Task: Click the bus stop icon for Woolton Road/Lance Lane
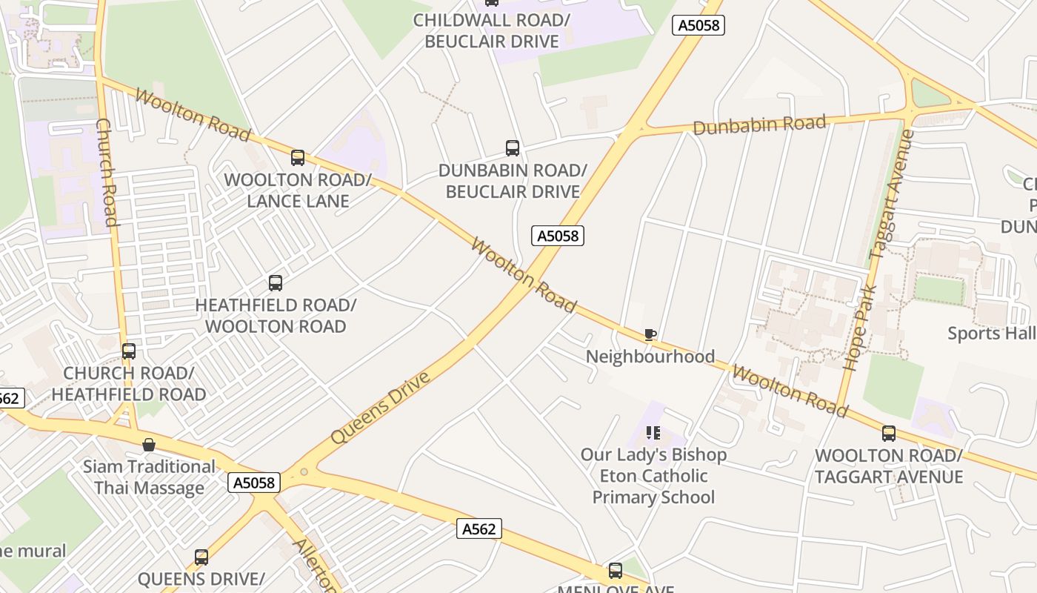pos(298,157)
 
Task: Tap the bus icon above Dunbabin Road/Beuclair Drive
pos(512,148)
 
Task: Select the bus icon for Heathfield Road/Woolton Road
pos(276,282)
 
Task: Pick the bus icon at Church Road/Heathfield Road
pos(129,351)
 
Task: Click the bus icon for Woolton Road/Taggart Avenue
pos(888,433)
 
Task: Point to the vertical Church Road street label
pos(108,172)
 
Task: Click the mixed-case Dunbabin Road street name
pos(759,125)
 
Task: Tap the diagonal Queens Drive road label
pos(380,408)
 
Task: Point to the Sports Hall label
pos(991,334)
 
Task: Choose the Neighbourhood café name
pos(650,357)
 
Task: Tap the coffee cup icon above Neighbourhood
pos(650,334)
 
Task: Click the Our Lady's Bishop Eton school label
pos(653,476)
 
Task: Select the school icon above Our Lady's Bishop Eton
pos(653,432)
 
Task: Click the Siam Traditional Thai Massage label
pos(149,477)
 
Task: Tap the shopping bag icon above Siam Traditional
pos(149,445)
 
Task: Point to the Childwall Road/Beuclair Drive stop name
pos(492,30)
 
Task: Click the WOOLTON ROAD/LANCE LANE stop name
pos(298,191)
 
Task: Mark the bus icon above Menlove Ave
pos(615,570)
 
